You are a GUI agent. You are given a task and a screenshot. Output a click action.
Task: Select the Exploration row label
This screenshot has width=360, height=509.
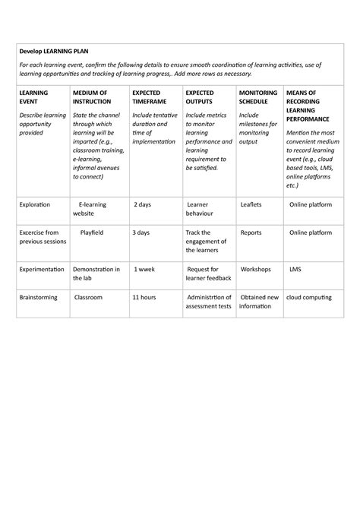coord(35,205)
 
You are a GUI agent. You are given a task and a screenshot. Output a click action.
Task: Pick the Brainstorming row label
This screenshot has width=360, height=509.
coord(39,298)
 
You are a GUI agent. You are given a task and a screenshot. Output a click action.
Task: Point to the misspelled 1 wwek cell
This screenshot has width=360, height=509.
coord(145,270)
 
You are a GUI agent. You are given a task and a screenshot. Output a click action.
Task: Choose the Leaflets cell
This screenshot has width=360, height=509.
coord(252,205)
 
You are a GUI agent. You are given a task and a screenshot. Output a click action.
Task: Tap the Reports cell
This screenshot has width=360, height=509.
coord(251,232)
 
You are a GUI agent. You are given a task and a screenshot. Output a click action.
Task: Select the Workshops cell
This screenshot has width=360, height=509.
coord(256,270)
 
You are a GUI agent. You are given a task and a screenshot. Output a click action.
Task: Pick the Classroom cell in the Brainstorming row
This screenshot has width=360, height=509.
coord(89,298)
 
